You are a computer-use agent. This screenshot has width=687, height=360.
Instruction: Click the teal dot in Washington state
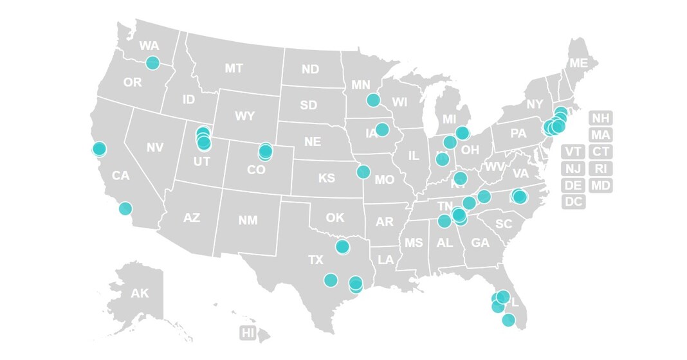click(x=152, y=62)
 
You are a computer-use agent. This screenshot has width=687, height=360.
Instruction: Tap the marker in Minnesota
click(x=373, y=100)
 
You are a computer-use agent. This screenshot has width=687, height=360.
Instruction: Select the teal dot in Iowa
click(x=382, y=129)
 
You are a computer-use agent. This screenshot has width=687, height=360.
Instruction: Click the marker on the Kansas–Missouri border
click(x=363, y=172)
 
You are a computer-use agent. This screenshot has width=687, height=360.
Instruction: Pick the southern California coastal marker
click(x=125, y=208)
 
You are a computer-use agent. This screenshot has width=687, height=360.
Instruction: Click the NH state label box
click(x=600, y=118)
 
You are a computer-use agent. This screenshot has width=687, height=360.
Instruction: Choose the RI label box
click(x=600, y=168)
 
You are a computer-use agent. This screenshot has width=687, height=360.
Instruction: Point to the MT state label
click(x=234, y=68)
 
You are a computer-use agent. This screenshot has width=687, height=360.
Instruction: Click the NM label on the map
click(x=248, y=221)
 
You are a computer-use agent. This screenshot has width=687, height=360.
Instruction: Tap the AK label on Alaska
click(x=140, y=294)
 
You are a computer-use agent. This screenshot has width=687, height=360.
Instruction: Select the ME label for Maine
click(x=578, y=63)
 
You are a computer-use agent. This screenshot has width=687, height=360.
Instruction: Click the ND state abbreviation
click(x=310, y=69)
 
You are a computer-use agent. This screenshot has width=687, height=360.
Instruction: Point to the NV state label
click(x=154, y=147)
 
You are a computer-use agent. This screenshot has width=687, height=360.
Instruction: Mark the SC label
click(x=504, y=224)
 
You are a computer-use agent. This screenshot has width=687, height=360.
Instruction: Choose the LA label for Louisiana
click(x=386, y=260)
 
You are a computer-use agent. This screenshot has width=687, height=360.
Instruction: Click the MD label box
click(x=600, y=185)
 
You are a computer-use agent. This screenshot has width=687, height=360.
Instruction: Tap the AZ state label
click(x=192, y=218)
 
